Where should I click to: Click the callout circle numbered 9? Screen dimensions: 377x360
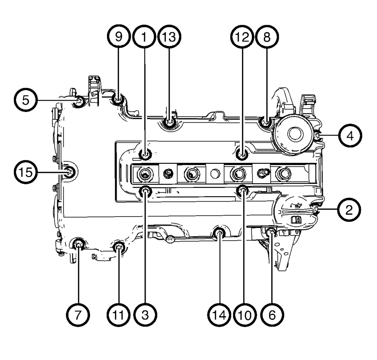tap(119, 37)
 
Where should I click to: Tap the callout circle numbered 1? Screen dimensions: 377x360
tap(144, 37)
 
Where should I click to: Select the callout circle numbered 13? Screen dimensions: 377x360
tap(169, 37)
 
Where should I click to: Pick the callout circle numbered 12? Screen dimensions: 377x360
tap(242, 37)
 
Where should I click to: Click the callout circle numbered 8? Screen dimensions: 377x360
tap(267, 37)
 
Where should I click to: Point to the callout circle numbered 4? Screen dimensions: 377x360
tap(350, 136)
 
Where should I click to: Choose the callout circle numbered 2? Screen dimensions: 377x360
tap(349, 209)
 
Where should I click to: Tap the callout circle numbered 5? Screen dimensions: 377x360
tap(26, 100)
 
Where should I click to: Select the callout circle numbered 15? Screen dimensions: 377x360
tap(26, 172)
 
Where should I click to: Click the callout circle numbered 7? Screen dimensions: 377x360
tap(78, 315)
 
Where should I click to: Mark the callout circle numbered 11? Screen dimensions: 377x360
tap(119, 315)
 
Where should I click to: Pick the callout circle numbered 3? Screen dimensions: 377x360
tap(145, 315)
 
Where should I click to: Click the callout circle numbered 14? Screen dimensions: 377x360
tap(219, 315)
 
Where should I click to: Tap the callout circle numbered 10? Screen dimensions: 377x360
tap(245, 315)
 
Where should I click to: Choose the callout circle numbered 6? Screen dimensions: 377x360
tap(272, 315)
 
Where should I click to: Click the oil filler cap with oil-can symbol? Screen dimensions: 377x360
tap(296, 212)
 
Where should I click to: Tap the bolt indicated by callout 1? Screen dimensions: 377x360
tap(145, 154)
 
